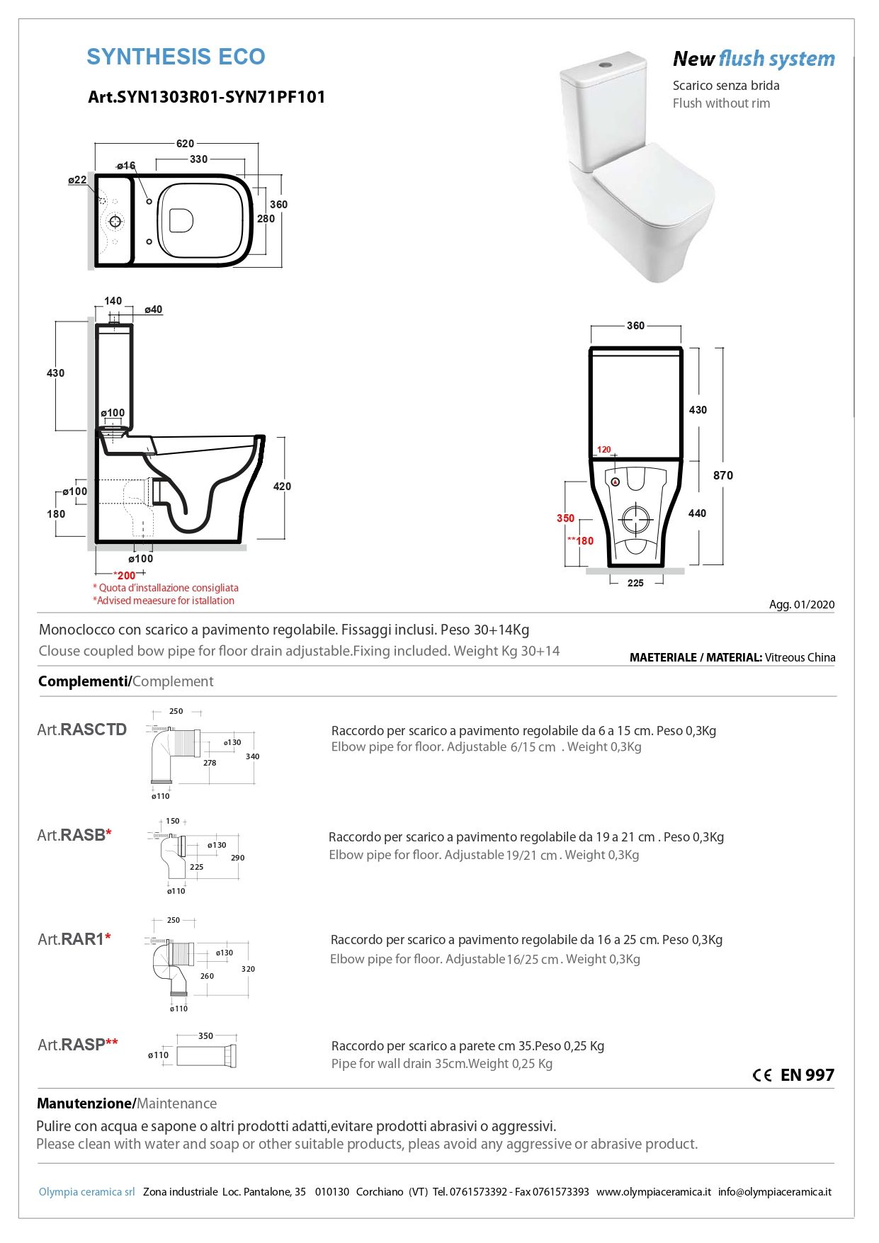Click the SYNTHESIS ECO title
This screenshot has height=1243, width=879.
point(176,57)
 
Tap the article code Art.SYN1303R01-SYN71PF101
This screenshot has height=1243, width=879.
point(206,97)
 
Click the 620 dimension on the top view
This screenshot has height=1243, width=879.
point(185,144)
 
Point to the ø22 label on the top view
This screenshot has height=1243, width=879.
point(77,180)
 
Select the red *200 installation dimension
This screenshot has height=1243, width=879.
point(125,575)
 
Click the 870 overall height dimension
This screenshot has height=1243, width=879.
point(722,475)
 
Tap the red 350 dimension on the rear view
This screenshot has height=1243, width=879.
point(565,518)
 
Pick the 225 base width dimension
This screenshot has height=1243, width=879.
point(635,583)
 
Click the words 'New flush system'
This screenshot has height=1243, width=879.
point(753,59)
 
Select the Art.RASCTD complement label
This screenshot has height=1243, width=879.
point(82,730)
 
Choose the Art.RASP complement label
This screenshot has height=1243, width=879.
point(77,1045)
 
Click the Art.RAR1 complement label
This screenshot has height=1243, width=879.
point(74,939)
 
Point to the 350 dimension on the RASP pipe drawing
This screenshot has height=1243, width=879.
point(205,1035)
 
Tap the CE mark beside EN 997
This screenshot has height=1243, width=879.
point(762,1075)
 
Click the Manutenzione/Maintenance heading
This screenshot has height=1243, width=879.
point(127,1103)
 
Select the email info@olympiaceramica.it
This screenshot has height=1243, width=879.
point(774,1192)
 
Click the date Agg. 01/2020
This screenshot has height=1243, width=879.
point(802,605)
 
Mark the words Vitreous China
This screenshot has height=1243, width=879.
point(800,657)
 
